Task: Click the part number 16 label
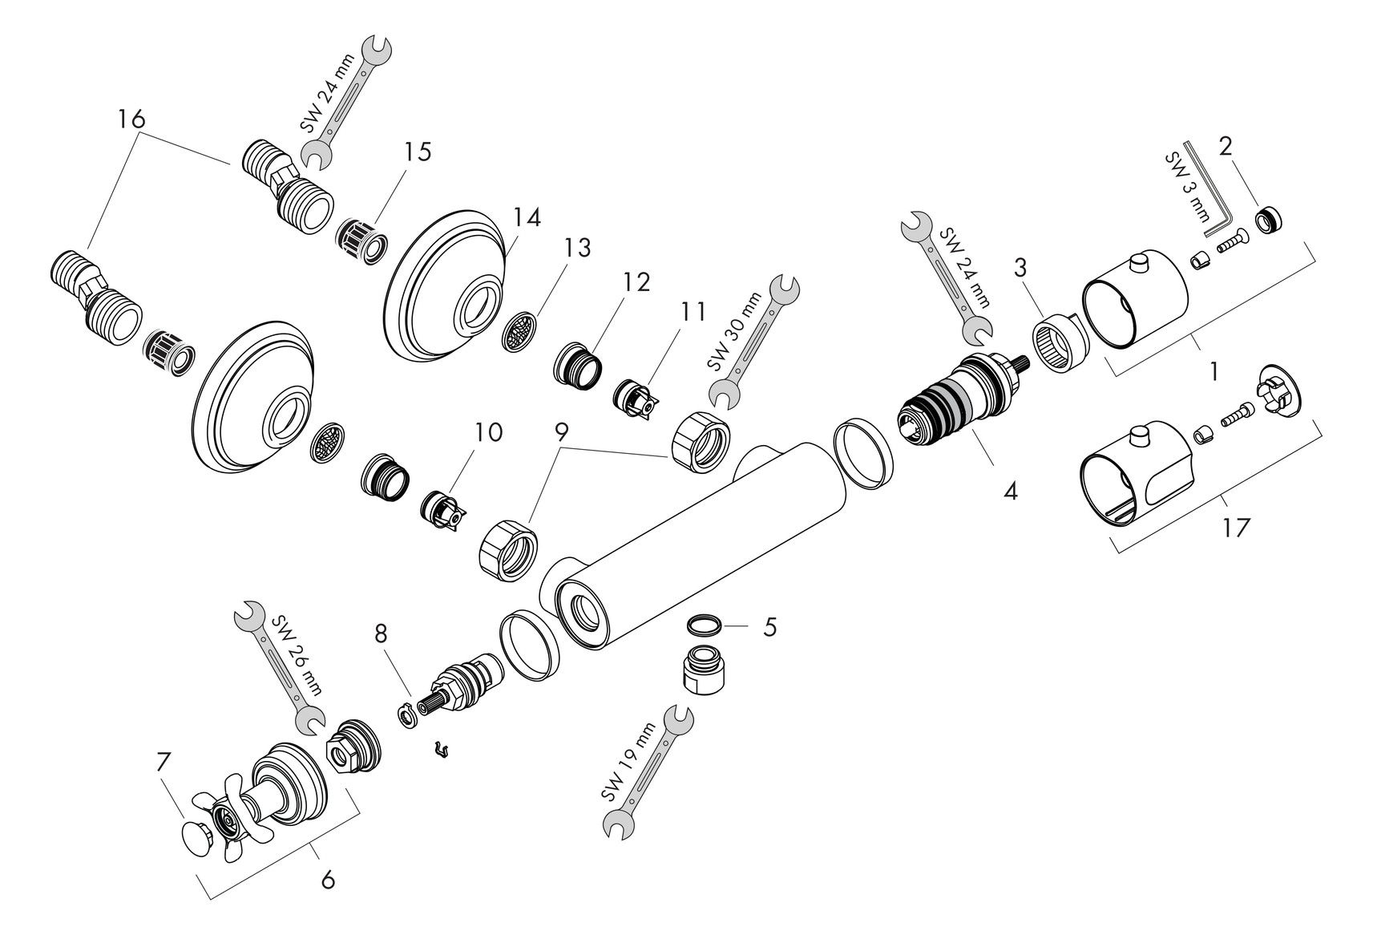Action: pos(131,119)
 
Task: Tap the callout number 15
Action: pos(418,152)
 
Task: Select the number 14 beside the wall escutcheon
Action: pos(527,217)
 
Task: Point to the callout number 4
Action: pos(1010,491)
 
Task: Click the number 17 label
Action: pos(1236,528)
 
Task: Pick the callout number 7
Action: pos(163,762)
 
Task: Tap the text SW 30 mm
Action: pos(733,331)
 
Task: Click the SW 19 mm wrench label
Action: pos(628,762)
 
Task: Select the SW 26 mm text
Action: pos(296,655)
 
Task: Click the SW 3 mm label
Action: pos(1187,187)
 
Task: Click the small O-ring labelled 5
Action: pos(703,625)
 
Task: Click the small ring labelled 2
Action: pos(1270,220)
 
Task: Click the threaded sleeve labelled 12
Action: pos(577,366)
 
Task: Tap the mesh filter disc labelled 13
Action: pos(519,332)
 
